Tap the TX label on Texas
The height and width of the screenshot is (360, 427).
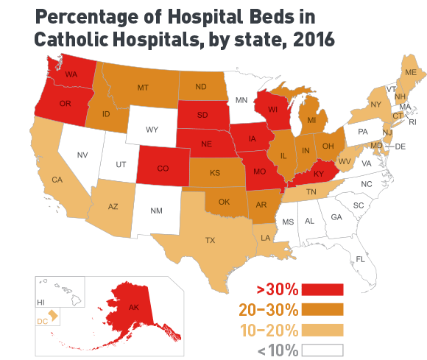pos(210,239)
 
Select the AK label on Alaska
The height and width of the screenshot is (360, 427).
pos(133,307)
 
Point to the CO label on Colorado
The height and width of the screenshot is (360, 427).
pos(163,169)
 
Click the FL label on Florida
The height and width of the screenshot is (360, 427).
pos(360,260)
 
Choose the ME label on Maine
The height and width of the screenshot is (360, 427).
pos(410,72)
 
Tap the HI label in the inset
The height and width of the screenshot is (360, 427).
pos(40,303)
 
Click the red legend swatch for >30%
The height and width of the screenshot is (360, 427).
pos(322,289)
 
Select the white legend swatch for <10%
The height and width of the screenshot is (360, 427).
pos(322,350)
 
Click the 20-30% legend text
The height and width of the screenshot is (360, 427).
pos(267,309)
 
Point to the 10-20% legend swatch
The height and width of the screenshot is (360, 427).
pos(322,329)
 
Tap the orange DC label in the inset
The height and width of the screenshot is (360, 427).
pos(43,321)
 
